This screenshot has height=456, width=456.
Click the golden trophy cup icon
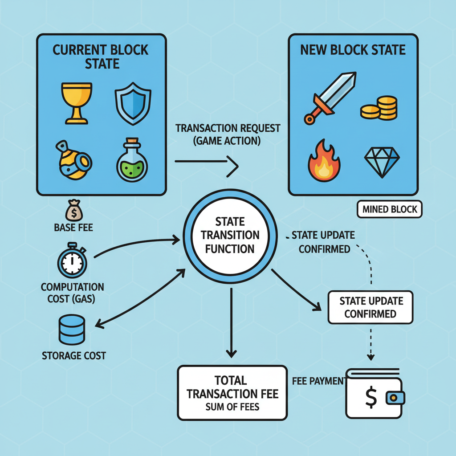(x=76, y=101)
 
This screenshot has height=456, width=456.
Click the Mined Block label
(x=390, y=209)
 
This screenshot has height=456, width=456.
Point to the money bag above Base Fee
(x=73, y=209)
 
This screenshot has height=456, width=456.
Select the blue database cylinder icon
(x=72, y=329)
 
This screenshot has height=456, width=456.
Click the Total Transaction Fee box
(x=232, y=392)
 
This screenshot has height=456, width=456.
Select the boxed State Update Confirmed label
(x=370, y=307)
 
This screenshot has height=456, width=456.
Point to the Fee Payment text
(x=318, y=381)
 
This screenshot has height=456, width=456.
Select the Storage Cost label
(x=74, y=355)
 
